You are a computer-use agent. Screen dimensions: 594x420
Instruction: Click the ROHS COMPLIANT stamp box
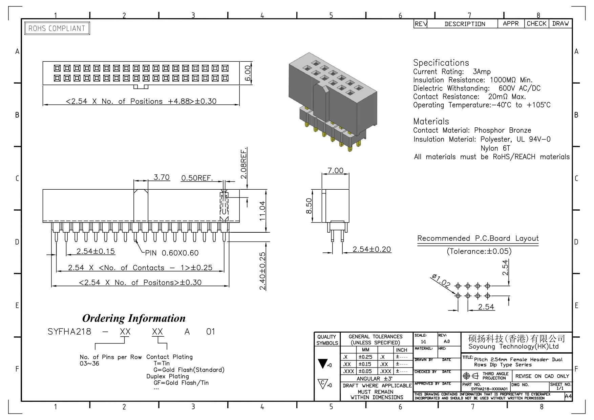[57, 28]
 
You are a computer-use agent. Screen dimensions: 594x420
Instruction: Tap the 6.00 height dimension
[248, 72]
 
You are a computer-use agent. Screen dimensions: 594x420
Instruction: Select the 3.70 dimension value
[162, 177]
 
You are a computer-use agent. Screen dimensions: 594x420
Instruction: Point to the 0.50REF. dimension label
[197, 178]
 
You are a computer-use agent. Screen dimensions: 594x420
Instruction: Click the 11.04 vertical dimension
[262, 211]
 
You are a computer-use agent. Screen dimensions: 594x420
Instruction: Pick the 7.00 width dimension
[335, 170]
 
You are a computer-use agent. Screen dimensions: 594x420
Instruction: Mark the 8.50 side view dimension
[309, 206]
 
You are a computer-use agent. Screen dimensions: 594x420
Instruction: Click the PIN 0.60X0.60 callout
[172, 253]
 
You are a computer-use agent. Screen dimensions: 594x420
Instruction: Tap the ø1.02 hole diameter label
[441, 281]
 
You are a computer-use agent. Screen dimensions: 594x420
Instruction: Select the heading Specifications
[441, 63]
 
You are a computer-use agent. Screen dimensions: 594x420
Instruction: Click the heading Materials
[431, 122]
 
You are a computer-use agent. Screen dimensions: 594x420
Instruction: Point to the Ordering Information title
[134, 318]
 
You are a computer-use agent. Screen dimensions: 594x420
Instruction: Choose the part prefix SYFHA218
[69, 332]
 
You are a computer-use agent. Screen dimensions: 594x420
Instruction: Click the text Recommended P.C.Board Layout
[478, 238]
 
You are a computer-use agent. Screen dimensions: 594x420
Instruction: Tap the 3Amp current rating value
[482, 72]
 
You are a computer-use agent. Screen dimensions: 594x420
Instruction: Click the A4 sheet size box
[568, 396]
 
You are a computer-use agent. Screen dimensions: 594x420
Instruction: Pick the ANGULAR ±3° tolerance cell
[376, 379]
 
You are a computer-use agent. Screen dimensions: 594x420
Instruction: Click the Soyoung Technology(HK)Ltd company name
[513, 346]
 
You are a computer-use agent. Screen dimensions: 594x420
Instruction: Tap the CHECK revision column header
[536, 24]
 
